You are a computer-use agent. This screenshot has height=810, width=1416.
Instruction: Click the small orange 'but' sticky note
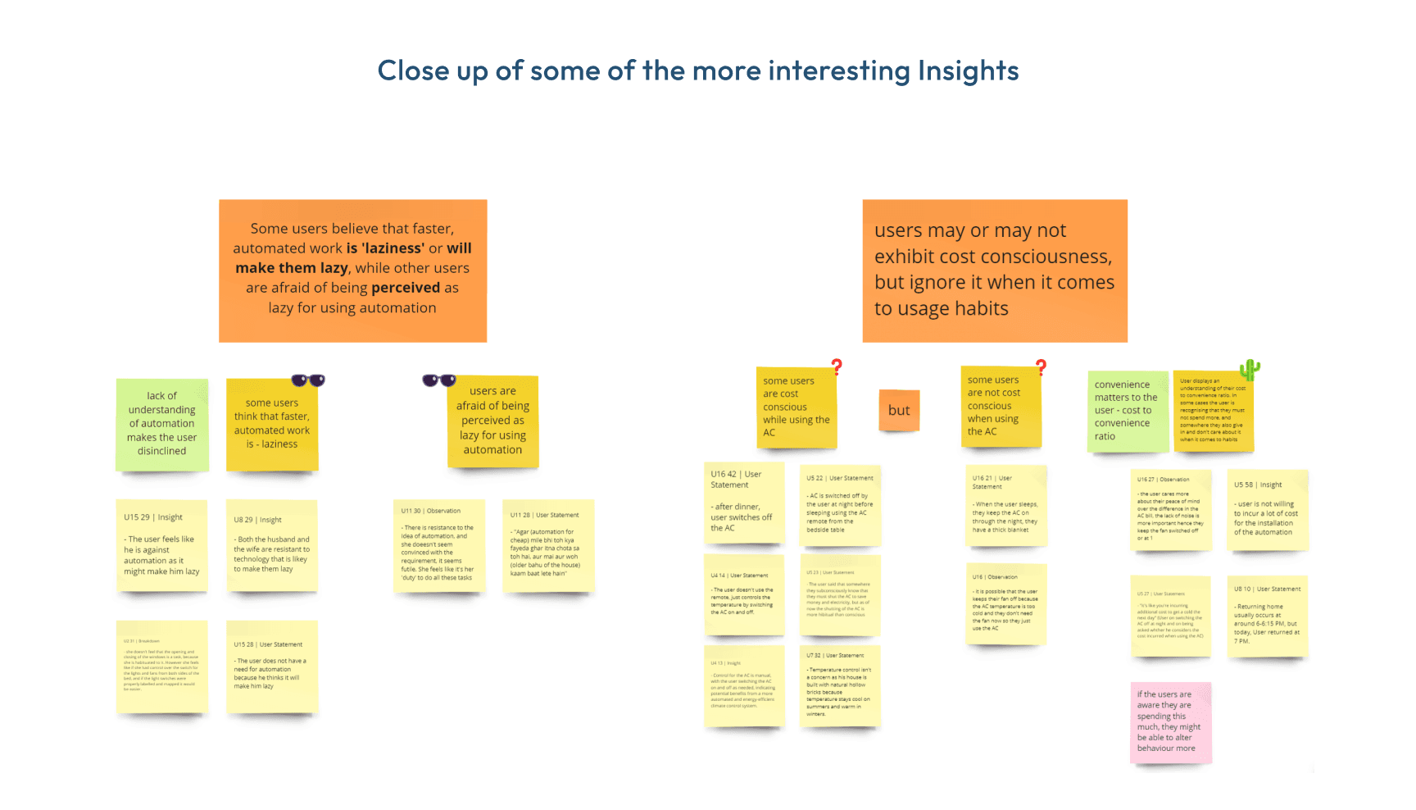[899, 410]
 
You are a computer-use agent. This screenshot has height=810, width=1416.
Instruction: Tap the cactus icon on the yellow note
[1250, 370]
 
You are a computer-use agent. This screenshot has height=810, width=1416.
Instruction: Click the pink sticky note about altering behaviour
[1170, 721]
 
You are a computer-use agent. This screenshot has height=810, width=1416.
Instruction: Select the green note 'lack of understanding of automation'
[162, 424]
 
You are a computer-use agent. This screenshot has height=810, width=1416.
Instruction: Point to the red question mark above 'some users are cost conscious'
[837, 366]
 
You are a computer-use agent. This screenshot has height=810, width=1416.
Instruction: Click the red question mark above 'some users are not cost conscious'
[1041, 366]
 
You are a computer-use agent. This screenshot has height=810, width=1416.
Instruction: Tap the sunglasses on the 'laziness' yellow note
[308, 380]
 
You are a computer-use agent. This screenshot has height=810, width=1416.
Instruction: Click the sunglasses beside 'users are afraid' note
[439, 380]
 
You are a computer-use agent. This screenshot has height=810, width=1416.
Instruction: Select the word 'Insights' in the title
[968, 71]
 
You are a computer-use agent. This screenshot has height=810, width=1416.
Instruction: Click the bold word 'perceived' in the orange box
[406, 288]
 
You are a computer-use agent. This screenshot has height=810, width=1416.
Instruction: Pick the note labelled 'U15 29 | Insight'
[161, 545]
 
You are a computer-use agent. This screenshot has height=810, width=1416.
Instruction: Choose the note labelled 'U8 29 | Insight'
[271, 545]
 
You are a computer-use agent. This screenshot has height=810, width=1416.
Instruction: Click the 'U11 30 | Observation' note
[438, 545]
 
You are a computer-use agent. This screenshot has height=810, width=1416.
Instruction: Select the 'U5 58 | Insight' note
[1267, 509]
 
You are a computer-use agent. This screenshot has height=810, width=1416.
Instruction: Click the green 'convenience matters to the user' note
[1128, 411]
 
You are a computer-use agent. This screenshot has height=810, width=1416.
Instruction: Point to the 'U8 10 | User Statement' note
[1267, 615]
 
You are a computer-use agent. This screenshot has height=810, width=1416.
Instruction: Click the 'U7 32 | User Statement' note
[840, 685]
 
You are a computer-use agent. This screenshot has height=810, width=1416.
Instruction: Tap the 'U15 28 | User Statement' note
[271, 666]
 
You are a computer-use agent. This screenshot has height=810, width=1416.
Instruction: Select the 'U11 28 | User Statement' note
[547, 545]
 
